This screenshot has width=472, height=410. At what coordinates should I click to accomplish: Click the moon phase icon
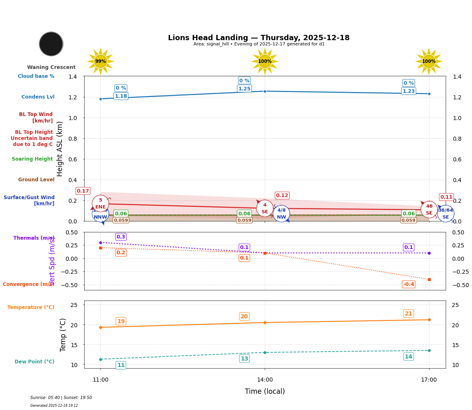click(51, 44)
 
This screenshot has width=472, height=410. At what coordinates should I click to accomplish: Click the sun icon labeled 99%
click(100, 61)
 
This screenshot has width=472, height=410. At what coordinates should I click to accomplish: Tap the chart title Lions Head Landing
click(259, 38)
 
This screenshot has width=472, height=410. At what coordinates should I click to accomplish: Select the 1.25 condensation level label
click(245, 89)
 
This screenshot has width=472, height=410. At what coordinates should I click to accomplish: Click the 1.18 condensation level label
click(121, 96)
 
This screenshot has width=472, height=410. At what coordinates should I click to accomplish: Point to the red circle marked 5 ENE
click(100, 204)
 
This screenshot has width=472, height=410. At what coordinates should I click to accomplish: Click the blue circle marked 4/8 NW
click(281, 214)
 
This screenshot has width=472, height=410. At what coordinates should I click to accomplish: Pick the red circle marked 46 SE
click(429, 210)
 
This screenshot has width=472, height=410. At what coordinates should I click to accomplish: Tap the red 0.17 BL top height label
click(83, 191)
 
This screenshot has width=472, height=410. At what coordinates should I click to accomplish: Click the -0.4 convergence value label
click(408, 284)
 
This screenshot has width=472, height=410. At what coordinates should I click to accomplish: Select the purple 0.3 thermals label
click(121, 237)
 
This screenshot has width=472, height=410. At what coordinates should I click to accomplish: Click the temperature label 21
click(408, 313)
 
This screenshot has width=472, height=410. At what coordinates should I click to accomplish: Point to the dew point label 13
click(245, 358)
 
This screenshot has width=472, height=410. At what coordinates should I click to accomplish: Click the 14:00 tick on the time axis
click(265, 380)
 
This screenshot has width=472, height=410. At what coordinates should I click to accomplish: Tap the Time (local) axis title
click(265, 391)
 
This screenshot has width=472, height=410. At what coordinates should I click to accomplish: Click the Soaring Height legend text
click(32, 159)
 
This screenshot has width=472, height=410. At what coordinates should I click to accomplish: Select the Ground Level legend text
click(36, 180)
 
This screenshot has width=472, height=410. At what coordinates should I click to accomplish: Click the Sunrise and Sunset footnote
click(61, 398)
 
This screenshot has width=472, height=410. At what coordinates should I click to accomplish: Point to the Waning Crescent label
click(51, 67)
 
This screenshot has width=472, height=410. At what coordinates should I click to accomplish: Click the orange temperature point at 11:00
click(100, 327)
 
